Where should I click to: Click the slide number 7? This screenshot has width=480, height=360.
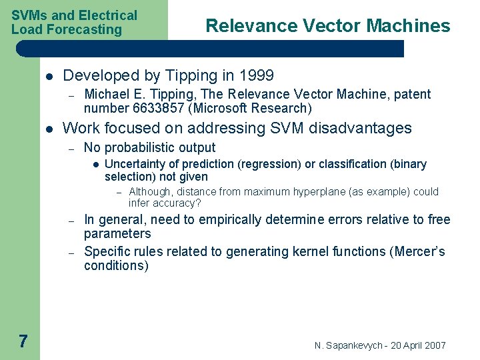pos(23,342)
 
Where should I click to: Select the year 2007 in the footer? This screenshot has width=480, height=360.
pos(433,345)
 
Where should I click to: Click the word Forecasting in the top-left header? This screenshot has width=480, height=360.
pos(89,29)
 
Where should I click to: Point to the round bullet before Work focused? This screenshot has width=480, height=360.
pos(49,129)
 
